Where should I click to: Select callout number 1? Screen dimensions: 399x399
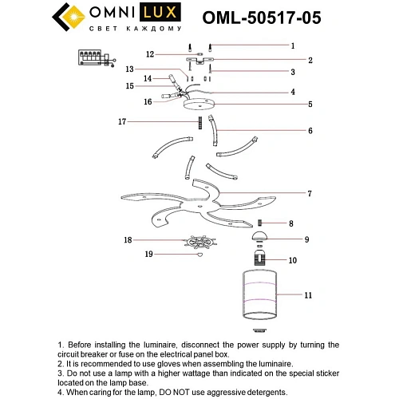293,45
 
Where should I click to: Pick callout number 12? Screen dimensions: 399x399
150,54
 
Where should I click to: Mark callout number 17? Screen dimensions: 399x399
122,122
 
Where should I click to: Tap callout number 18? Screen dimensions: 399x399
127,239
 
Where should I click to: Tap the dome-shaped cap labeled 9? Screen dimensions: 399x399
259,237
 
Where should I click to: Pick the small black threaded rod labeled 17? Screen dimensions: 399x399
194,124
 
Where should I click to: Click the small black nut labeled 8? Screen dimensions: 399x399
259,222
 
